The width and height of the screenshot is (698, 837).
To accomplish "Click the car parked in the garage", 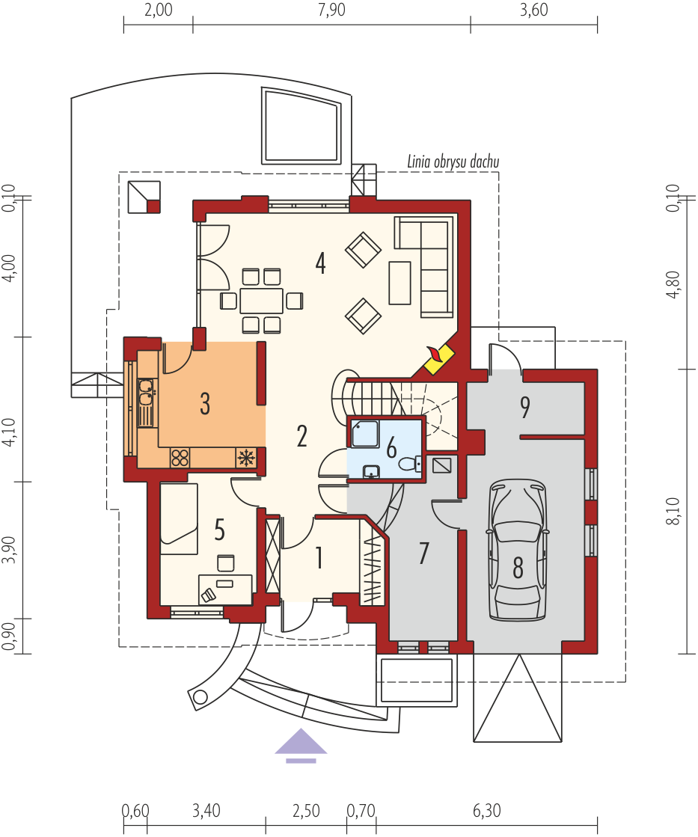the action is [518, 550].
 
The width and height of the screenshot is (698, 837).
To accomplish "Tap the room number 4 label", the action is [320, 263].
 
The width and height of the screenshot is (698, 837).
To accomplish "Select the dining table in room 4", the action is [261, 301].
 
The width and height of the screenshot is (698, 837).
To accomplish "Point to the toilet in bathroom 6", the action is [410, 463].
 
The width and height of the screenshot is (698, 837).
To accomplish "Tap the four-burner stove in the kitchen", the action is [180, 458].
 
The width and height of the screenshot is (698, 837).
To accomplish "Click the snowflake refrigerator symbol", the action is [245, 458].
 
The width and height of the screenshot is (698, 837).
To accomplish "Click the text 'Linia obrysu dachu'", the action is [453, 162].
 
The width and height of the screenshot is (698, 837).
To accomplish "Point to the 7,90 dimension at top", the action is [331, 10].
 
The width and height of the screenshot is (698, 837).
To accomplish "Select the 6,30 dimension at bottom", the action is [486, 811].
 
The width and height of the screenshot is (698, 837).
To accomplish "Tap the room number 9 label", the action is [525, 408].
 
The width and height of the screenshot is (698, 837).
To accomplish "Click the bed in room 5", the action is [179, 519].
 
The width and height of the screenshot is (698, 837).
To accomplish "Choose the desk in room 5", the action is [225, 589].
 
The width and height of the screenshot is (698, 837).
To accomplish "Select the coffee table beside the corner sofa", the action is [400, 283].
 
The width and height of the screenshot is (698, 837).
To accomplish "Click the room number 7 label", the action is [424, 553].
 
